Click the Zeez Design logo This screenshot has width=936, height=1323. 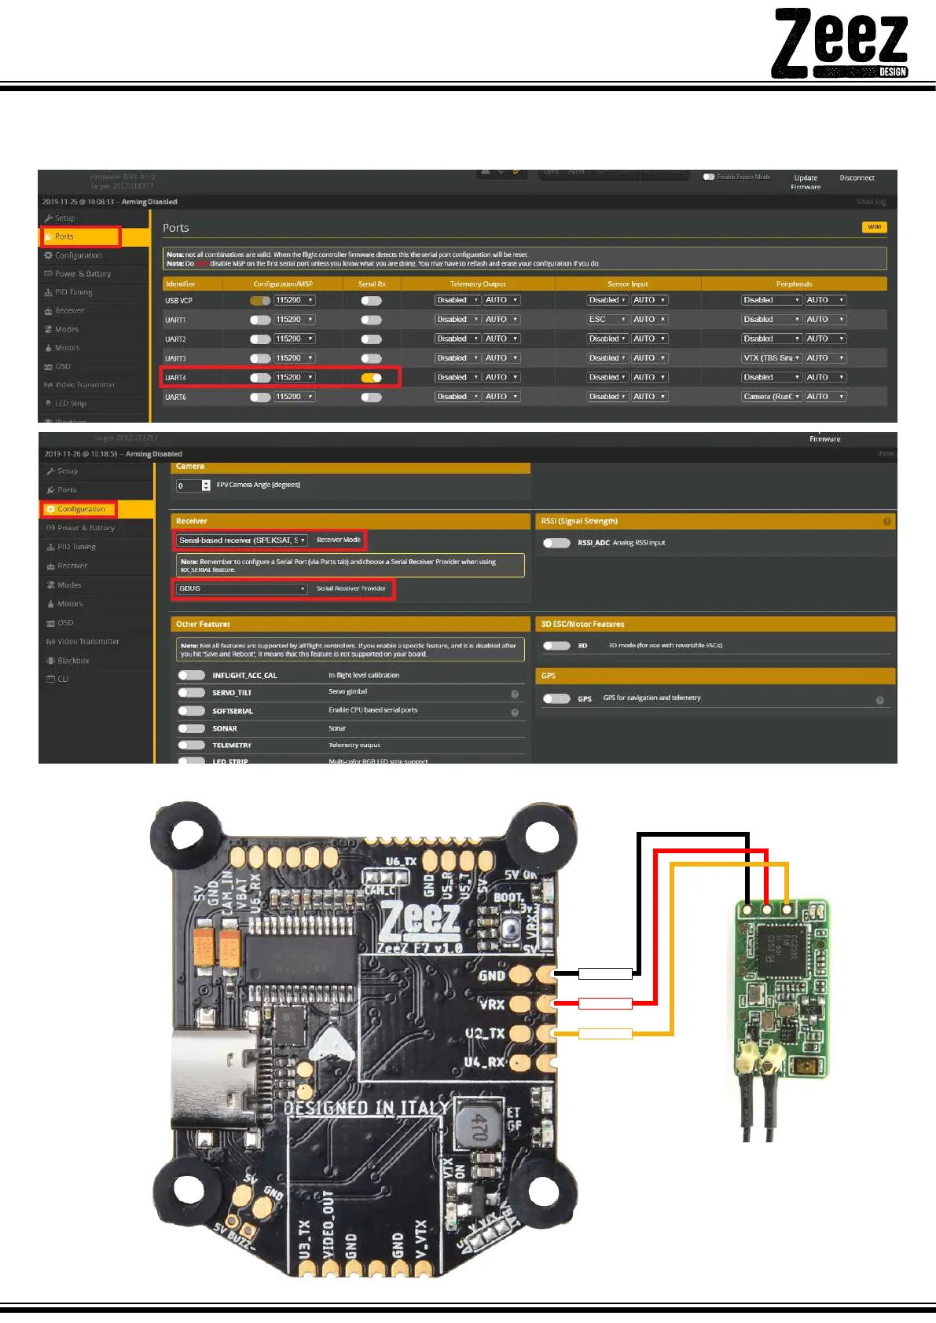pos(840,43)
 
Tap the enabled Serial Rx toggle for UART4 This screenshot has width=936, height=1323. pos(371,378)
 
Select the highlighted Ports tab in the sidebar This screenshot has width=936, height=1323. pos(79,236)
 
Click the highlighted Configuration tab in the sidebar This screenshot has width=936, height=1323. pos(79,509)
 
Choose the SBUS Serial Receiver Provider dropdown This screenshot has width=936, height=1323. pos(242,588)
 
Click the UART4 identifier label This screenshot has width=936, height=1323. pos(176,378)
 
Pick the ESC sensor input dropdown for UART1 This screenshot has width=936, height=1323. pos(607,320)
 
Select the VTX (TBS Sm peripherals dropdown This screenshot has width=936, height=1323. pos(771,358)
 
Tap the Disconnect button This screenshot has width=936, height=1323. pos(857,178)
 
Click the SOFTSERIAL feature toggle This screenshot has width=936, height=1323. pos(191,711)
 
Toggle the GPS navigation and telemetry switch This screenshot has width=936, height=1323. pos(556,698)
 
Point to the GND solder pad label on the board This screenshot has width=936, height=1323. pos(492,976)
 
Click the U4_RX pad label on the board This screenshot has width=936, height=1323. pos(484,1062)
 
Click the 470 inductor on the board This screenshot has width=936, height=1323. pos(478,1127)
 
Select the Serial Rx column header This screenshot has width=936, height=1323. pos(372,284)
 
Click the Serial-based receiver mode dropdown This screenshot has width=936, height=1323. pos(242,541)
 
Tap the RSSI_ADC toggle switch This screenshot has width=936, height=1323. pos(556,543)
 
